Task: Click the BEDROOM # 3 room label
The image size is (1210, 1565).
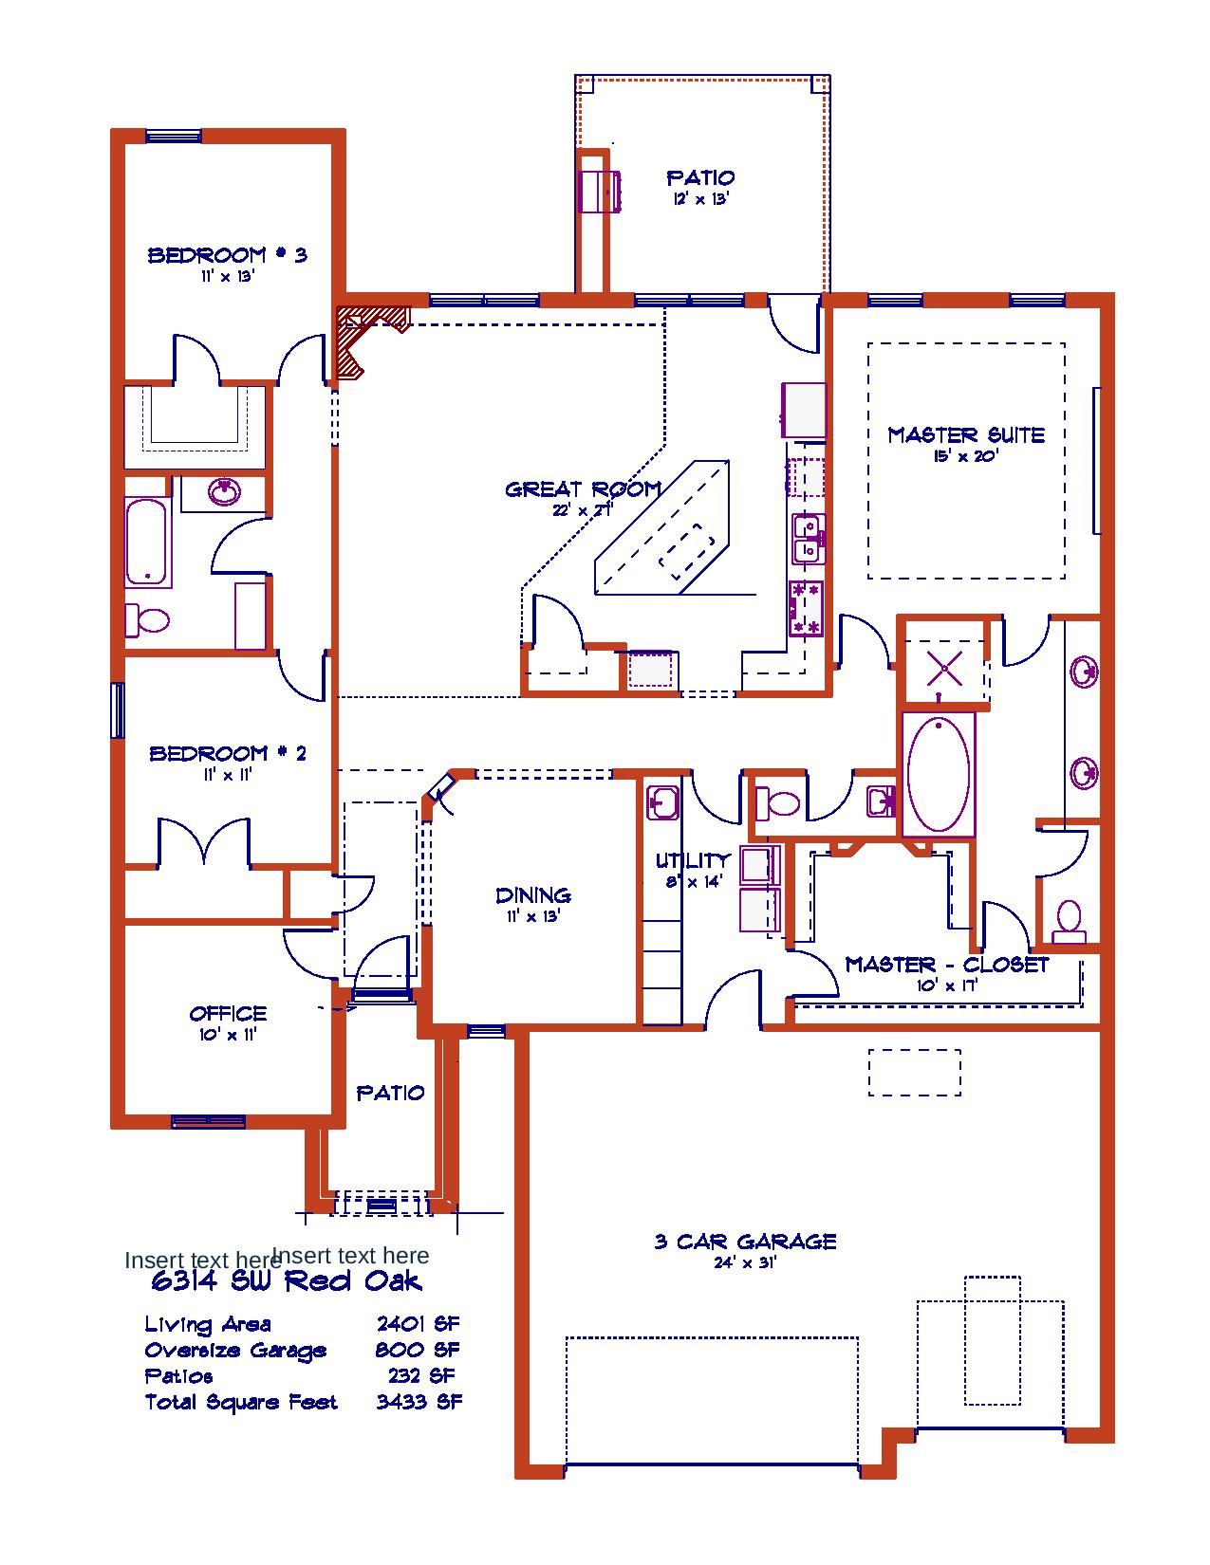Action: point(227,255)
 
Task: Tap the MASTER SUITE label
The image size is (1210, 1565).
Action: point(966,435)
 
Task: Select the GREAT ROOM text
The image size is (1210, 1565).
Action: point(583,489)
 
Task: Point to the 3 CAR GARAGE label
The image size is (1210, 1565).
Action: point(745,1242)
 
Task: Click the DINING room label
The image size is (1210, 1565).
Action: point(533,895)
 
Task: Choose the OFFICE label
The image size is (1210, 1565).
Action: point(228,1014)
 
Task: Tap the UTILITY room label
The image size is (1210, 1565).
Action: point(693,860)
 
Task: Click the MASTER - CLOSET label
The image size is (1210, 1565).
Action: point(947,965)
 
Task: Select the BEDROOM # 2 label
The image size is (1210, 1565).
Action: point(227,754)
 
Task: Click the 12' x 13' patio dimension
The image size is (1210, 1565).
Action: point(700,199)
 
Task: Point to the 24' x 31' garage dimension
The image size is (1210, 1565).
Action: point(745,1262)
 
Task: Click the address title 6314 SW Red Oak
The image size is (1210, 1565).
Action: point(286,1281)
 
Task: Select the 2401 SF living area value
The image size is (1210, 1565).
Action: point(418,1324)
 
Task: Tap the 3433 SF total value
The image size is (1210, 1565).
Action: point(419,1402)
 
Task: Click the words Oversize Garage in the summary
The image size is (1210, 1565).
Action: point(235,1351)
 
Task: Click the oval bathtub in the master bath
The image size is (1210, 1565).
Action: point(939,774)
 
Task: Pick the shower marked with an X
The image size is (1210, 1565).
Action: point(944,668)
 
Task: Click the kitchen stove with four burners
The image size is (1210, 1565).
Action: point(806,608)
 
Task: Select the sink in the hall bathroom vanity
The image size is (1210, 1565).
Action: point(224,492)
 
